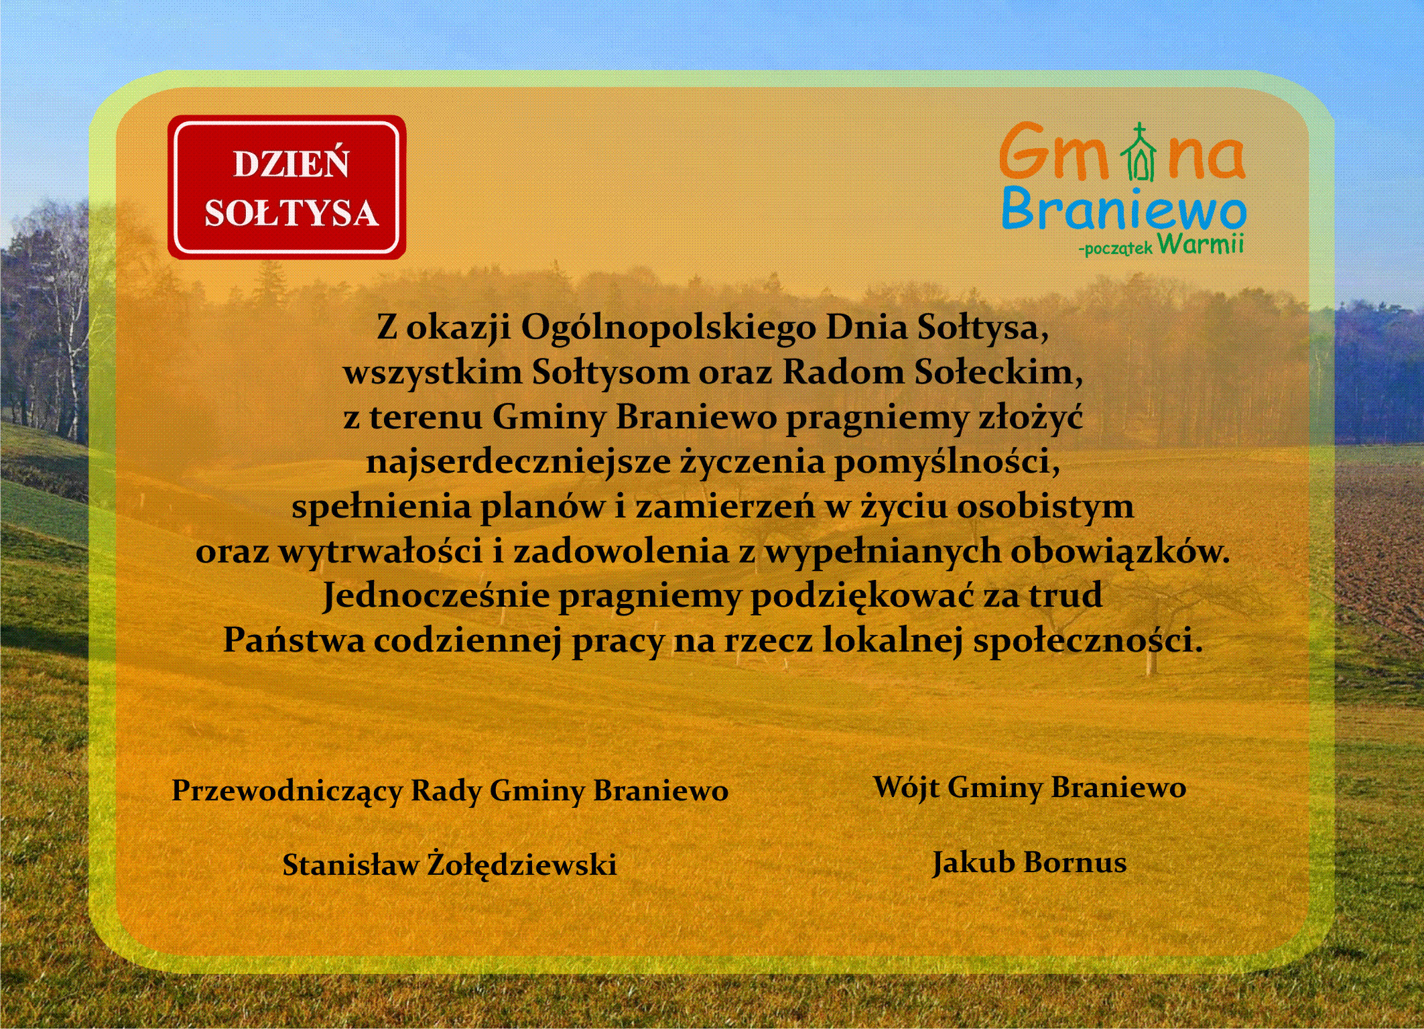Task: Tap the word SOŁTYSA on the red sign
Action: click(292, 213)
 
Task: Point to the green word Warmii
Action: click(1200, 243)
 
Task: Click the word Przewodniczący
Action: click(287, 791)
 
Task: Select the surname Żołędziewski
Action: click(522, 864)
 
